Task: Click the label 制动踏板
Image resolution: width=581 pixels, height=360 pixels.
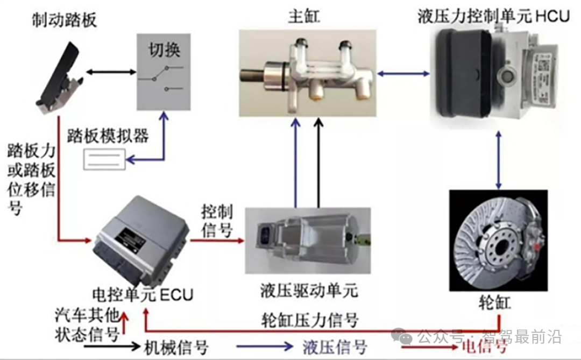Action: pos(64,20)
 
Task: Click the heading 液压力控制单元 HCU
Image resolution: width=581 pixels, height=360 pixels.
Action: pos(493,16)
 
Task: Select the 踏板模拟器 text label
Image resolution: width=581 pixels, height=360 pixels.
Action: pos(108,136)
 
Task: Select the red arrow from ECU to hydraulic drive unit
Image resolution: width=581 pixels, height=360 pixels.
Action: pos(218,242)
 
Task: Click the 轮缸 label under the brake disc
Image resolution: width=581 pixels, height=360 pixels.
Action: pos(493,303)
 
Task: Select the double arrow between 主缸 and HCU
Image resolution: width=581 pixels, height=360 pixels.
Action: pos(402,72)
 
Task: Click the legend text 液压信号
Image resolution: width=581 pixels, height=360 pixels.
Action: pos(334,347)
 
